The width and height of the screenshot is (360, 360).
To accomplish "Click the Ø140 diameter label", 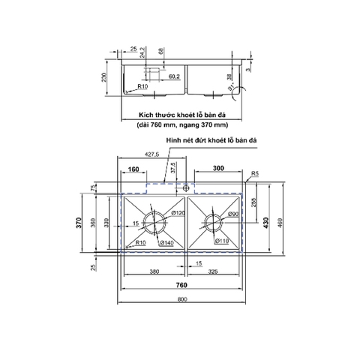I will point(169,242).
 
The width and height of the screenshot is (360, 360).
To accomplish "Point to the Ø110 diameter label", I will point(222,241).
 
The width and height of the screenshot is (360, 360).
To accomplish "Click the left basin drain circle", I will point(156,222).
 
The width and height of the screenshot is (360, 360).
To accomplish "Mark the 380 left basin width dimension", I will point(153,272).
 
